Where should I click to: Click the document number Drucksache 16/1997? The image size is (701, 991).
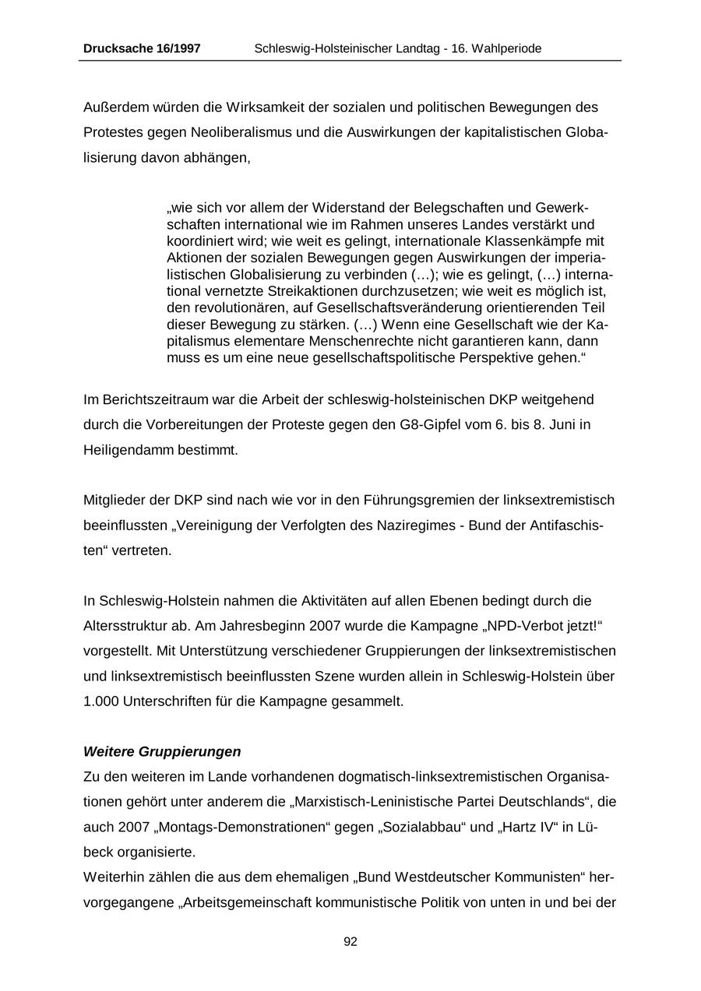pos(142,48)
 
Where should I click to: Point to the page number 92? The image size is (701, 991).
pos(350,941)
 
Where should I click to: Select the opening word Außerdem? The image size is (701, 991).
pos(114,107)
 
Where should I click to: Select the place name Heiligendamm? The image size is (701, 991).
pos(121,450)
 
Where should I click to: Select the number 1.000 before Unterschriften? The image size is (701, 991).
pos(100,701)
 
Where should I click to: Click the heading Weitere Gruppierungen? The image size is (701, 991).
pos(162,752)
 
